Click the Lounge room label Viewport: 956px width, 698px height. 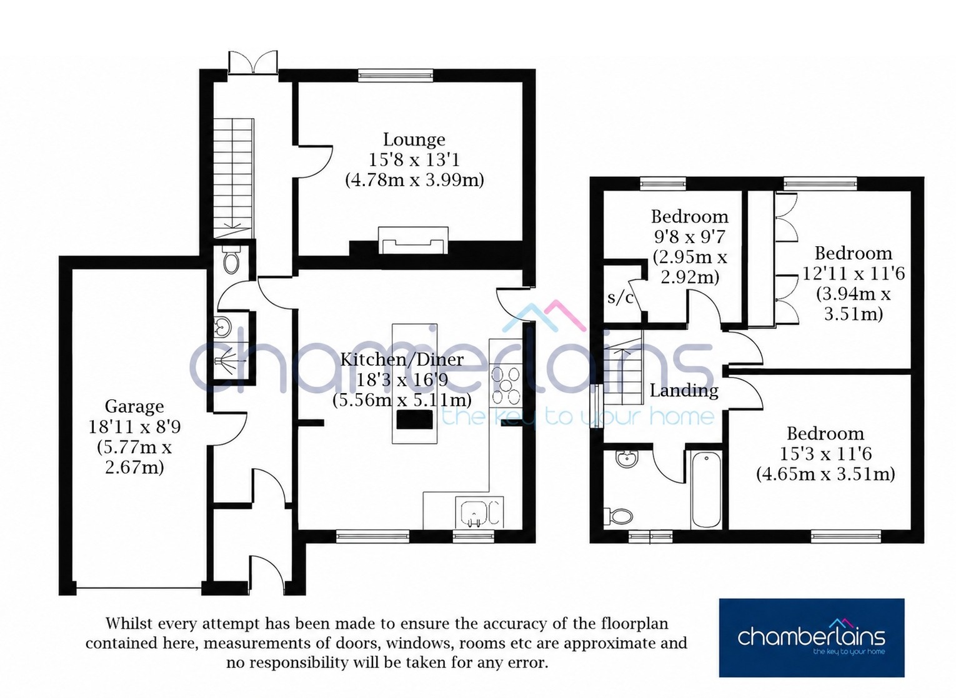(x=414, y=139)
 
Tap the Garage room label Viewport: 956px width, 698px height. (x=134, y=406)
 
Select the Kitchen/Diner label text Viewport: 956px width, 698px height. (x=402, y=359)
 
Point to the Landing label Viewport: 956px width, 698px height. (x=684, y=391)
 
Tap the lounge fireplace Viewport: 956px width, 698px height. (x=413, y=241)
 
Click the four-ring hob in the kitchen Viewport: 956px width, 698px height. (x=505, y=386)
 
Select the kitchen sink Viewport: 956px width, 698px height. (x=479, y=512)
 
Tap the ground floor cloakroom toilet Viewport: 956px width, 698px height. (x=232, y=259)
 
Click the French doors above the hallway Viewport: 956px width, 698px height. (x=253, y=62)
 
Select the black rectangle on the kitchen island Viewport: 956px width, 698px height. (x=414, y=420)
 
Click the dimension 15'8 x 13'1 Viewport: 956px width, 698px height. (x=414, y=160)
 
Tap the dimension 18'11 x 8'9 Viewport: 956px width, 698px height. (x=134, y=426)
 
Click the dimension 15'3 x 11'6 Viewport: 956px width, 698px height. (x=825, y=454)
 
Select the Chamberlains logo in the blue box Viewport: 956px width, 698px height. (x=811, y=637)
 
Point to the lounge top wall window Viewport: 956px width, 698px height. (x=396, y=76)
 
